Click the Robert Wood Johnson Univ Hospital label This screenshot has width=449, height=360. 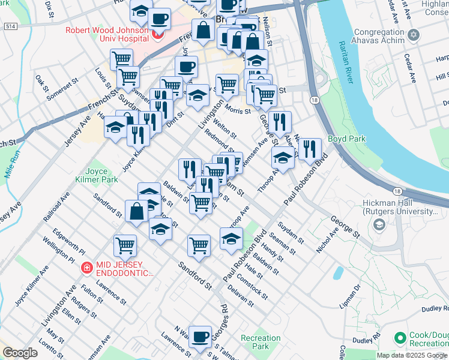(108, 33)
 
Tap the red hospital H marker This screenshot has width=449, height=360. (158, 34)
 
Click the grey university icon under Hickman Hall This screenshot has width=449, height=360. (379, 225)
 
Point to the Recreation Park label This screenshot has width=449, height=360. (261, 342)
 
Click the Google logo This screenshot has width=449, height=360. (20, 353)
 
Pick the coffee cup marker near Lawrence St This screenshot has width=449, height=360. (200, 337)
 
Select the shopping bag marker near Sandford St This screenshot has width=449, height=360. (137, 211)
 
